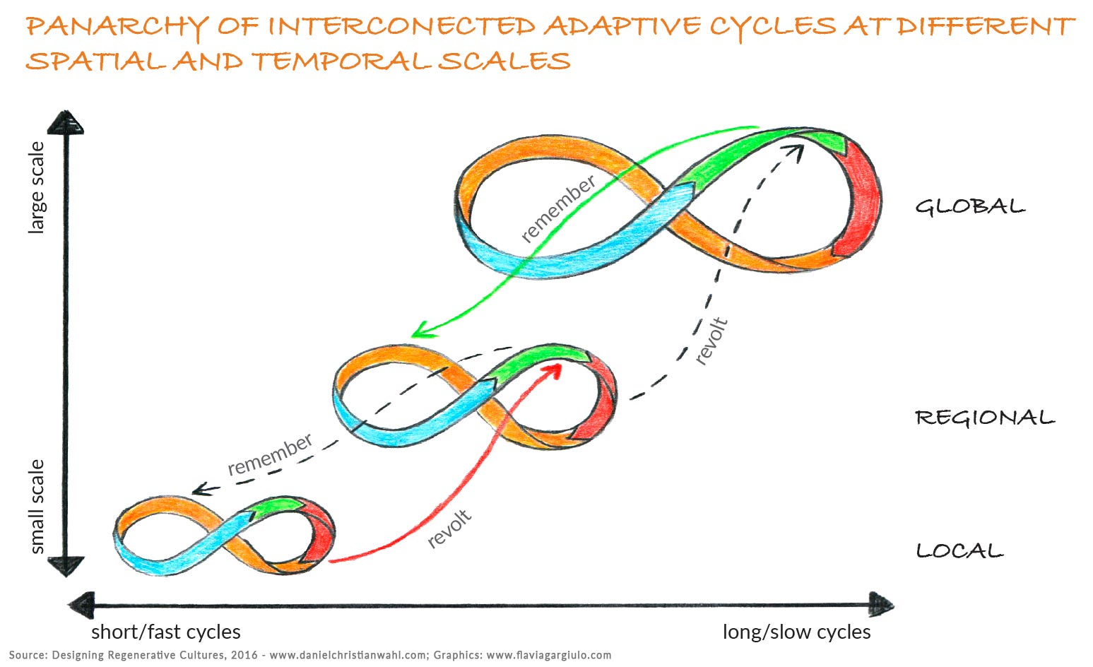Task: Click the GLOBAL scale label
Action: point(970,206)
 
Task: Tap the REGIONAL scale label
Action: point(985,418)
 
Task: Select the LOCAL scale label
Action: point(959,551)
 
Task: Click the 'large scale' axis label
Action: point(37,188)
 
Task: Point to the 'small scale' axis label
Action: point(37,507)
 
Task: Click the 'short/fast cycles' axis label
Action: point(166,632)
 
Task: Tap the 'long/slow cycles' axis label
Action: point(796,632)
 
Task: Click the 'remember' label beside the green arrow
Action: point(558,208)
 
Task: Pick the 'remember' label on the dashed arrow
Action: point(270,454)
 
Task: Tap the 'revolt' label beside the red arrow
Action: point(449,529)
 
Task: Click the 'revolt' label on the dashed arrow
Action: point(711,341)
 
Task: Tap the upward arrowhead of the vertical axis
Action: point(66,122)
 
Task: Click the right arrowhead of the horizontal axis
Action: point(881,606)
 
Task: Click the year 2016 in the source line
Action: point(244,655)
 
